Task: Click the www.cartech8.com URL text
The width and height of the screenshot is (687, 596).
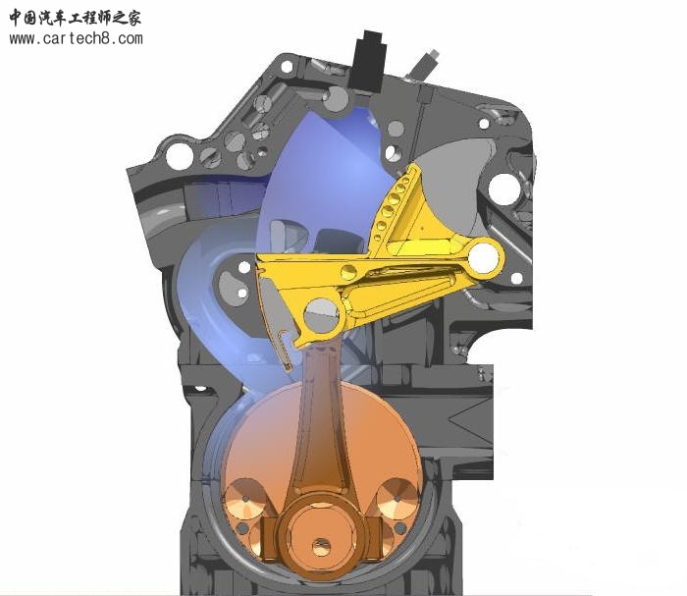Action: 76,38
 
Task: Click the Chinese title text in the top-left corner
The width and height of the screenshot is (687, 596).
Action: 75,18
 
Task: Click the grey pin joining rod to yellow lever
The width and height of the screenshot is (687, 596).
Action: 322,315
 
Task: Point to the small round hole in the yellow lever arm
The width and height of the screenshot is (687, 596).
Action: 349,272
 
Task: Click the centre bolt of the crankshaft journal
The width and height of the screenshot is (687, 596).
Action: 322,548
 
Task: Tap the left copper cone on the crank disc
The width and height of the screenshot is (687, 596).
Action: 245,499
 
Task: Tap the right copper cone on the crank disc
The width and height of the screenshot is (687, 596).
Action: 397,499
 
